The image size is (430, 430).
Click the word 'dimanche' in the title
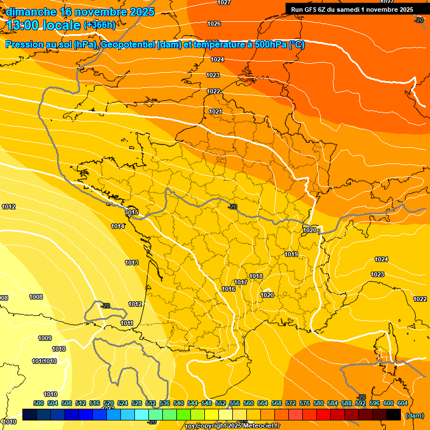[29, 12]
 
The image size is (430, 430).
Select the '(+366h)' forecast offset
[99, 25]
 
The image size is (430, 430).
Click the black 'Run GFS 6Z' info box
[351, 9]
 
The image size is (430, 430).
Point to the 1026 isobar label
[214, 24]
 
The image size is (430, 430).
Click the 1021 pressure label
[216, 111]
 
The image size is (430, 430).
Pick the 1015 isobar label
[132, 212]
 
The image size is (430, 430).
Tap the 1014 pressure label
[118, 226]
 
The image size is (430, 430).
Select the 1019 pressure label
[291, 254]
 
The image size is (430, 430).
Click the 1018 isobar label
[256, 276]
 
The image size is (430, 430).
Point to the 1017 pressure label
[241, 282]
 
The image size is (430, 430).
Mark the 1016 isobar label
[228, 289]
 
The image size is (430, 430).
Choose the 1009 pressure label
[45, 338]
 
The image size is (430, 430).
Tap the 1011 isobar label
[127, 323]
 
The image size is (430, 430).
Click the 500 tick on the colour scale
[39, 403]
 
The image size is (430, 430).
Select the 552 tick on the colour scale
[221, 403]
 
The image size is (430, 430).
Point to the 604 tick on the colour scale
[402, 403]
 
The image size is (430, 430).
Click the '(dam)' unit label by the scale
[414, 415]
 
